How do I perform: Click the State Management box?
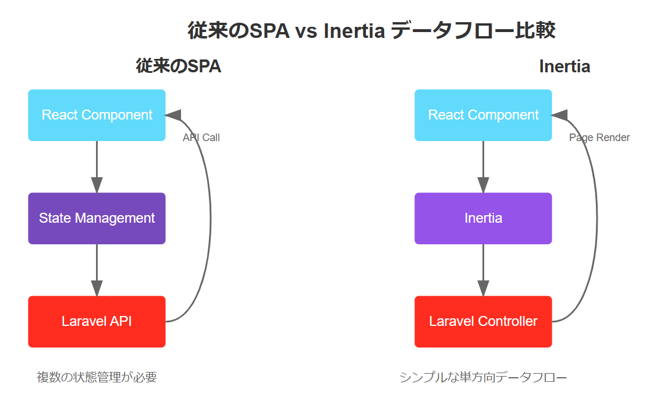[97, 219]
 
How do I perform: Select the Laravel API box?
[97, 321]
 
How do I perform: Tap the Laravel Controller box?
[483, 321]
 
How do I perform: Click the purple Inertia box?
[483, 219]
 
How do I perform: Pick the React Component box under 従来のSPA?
[97, 115]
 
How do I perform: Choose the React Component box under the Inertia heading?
[483, 115]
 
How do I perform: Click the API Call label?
[201, 138]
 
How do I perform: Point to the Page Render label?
[599, 138]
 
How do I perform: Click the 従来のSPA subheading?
[178, 66]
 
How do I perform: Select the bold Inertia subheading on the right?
[564, 66]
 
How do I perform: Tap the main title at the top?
[371, 30]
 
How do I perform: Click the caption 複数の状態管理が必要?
[97, 377]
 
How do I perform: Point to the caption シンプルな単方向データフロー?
[483, 377]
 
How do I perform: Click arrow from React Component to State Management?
[97, 167]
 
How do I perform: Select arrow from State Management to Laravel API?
[97, 270]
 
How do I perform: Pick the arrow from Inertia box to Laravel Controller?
[483, 270]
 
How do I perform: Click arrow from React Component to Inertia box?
[483, 167]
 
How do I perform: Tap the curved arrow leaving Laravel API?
[211, 219]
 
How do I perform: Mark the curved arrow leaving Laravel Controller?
[597, 219]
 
